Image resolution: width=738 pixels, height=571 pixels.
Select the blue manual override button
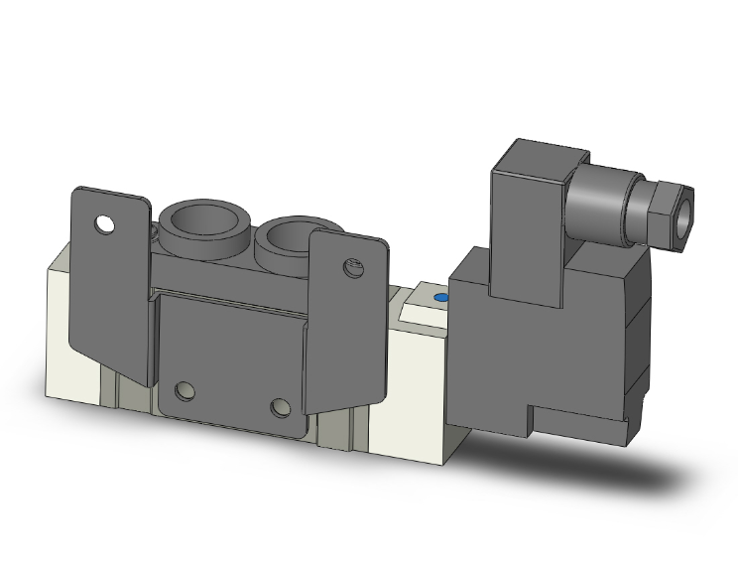441,298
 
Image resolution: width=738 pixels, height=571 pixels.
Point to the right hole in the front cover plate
282,407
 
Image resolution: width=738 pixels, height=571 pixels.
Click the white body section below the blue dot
417,397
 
